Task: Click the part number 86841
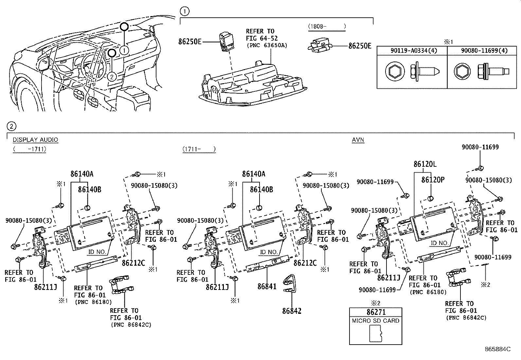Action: (x=267, y=286)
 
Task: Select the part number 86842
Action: (x=292, y=311)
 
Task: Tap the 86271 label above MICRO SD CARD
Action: (x=376, y=313)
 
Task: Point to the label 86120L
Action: (x=425, y=164)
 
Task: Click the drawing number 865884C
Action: (x=497, y=349)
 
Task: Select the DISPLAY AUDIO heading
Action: (x=35, y=140)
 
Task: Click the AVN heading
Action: (x=358, y=140)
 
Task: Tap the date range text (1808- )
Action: (x=326, y=26)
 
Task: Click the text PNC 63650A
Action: (x=267, y=45)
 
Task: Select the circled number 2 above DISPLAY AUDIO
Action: (x=11, y=126)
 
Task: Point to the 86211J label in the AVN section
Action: (x=389, y=278)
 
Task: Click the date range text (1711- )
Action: (x=199, y=149)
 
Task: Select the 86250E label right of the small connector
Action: (x=360, y=46)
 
